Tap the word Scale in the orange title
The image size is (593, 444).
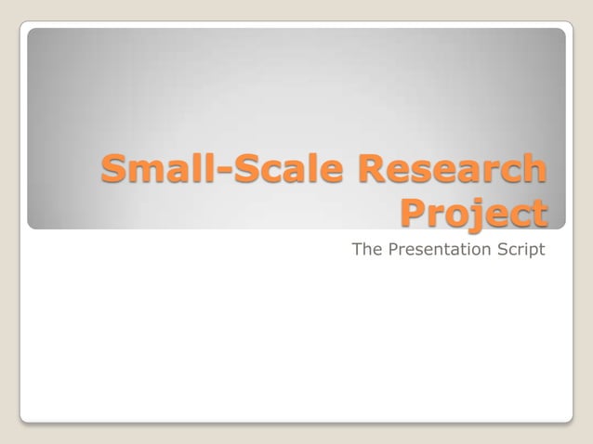pyautogui.click(x=278, y=170)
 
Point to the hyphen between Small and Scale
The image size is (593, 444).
pyautogui.click(x=216, y=174)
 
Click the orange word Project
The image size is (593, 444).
pyautogui.click(x=473, y=214)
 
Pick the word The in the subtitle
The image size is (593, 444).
pyautogui.click(x=366, y=249)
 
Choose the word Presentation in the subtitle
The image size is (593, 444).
pyautogui.click(x=439, y=249)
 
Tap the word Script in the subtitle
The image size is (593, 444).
pyautogui.click(x=521, y=249)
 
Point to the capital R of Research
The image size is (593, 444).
pyautogui.click(x=363, y=170)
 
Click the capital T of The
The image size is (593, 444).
pyautogui.click(x=358, y=249)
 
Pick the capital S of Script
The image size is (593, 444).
pyautogui.click(x=503, y=249)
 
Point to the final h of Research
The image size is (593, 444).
pyautogui.click(x=534, y=170)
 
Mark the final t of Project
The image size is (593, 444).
pyautogui.click(x=539, y=214)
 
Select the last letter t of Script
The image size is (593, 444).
pyautogui.click(x=541, y=249)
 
